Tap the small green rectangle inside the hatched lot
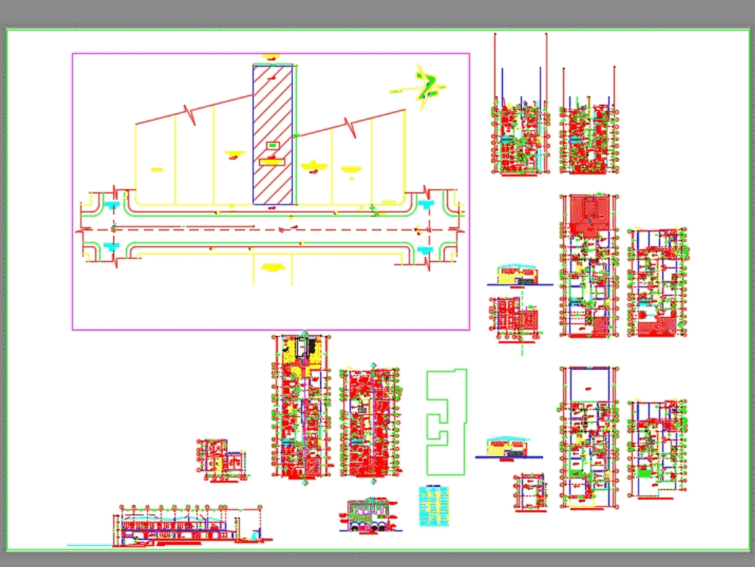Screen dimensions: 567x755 coord(273,145)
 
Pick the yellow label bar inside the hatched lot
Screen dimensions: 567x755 coord(272,161)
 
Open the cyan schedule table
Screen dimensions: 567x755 coord(434,506)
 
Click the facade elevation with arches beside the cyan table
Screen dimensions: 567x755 coord(370,515)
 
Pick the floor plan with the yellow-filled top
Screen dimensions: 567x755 coord(301,408)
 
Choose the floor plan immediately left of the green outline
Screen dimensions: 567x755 coord(369,423)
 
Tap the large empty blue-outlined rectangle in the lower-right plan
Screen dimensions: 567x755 coord(589,381)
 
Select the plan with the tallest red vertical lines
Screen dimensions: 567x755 coord(520,113)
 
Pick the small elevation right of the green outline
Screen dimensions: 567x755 coord(508,447)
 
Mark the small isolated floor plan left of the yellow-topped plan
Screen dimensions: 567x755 coord(221,457)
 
